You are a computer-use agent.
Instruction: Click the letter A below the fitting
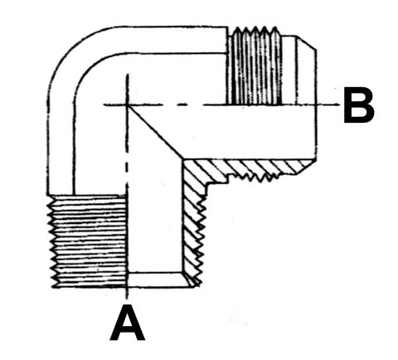point(127,323)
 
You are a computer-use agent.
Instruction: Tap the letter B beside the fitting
point(359,105)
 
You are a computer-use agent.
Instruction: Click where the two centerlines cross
point(127,105)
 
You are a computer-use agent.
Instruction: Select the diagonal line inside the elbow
point(155,132)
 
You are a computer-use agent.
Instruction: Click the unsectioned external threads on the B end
point(254,66)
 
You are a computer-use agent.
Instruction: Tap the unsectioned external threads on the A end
point(88,241)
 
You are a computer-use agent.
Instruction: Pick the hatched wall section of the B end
point(249,168)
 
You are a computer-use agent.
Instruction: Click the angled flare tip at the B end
point(308,43)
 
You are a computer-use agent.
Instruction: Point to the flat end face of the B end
point(317,105)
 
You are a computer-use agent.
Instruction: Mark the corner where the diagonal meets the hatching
point(183,160)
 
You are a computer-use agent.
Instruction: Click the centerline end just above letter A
point(127,298)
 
